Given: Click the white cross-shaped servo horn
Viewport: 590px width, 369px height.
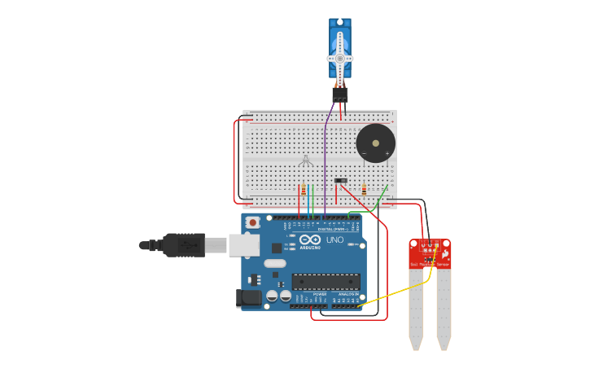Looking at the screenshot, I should [340, 58].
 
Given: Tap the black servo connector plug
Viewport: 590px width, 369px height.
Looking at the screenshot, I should [340, 94].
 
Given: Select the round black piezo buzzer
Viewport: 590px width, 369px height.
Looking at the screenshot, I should [375, 144].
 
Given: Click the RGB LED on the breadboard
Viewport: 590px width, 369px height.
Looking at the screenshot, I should [305, 160].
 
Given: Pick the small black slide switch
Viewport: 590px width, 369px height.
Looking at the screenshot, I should [341, 180].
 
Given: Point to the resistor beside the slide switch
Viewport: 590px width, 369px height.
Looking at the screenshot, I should [364, 190].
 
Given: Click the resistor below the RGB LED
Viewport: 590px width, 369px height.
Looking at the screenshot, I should [304, 191].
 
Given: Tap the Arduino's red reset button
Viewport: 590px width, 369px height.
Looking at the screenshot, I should [253, 222].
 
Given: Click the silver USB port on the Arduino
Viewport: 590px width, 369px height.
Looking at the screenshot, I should [244, 245].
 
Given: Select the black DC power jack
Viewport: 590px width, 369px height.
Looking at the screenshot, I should [249, 298].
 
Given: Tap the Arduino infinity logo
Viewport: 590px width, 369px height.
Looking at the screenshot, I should [310, 239].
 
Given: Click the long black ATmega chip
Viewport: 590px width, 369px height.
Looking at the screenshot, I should [326, 282].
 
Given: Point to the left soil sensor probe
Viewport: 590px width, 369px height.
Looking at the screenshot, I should [416, 310].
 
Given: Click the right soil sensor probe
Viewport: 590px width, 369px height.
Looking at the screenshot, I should [444, 310].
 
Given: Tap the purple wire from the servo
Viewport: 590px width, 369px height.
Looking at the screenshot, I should [326, 163].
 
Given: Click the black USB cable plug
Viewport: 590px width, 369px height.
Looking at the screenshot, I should [184, 244].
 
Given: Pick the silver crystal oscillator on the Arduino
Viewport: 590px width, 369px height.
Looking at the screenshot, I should [275, 263].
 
